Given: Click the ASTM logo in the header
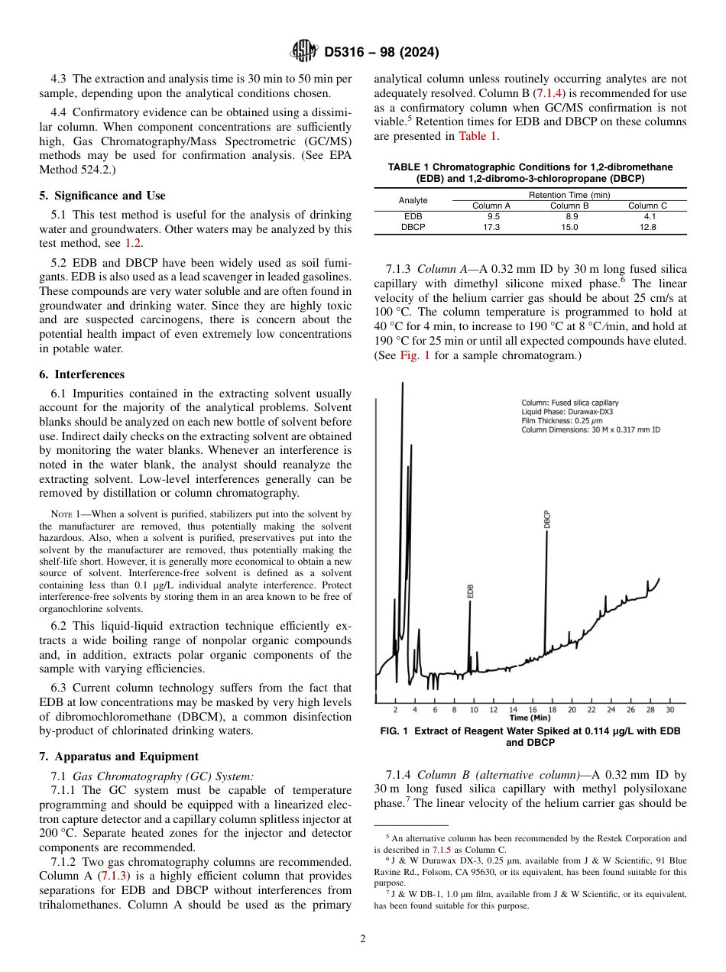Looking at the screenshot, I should click(x=305, y=53).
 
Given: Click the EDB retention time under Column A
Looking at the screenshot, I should click(x=491, y=216).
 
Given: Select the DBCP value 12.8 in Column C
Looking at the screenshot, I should click(x=647, y=227).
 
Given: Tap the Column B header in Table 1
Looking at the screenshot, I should click(x=569, y=206).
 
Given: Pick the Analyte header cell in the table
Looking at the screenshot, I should click(x=413, y=200).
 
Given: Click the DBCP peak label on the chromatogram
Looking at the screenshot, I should click(x=547, y=519).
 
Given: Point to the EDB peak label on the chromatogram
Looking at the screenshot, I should click(x=470, y=591).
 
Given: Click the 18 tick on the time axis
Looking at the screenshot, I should click(x=552, y=710).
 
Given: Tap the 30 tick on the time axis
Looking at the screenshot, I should click(x=669, y=710).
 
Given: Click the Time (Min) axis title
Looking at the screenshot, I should click(x=530, y=718).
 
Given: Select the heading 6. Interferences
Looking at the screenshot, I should click(x=82, y=374).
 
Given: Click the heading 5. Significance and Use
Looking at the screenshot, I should click(x=102, y=196).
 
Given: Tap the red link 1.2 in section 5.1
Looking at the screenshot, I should click(x=133, y=243).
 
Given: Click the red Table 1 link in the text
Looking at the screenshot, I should click(x=478, y=136).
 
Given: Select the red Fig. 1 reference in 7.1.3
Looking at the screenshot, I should click(x=415, y=356).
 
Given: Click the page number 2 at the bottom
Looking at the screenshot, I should click(x=363, y=939).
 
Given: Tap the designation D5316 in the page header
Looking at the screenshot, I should click(x=348, y=53).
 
